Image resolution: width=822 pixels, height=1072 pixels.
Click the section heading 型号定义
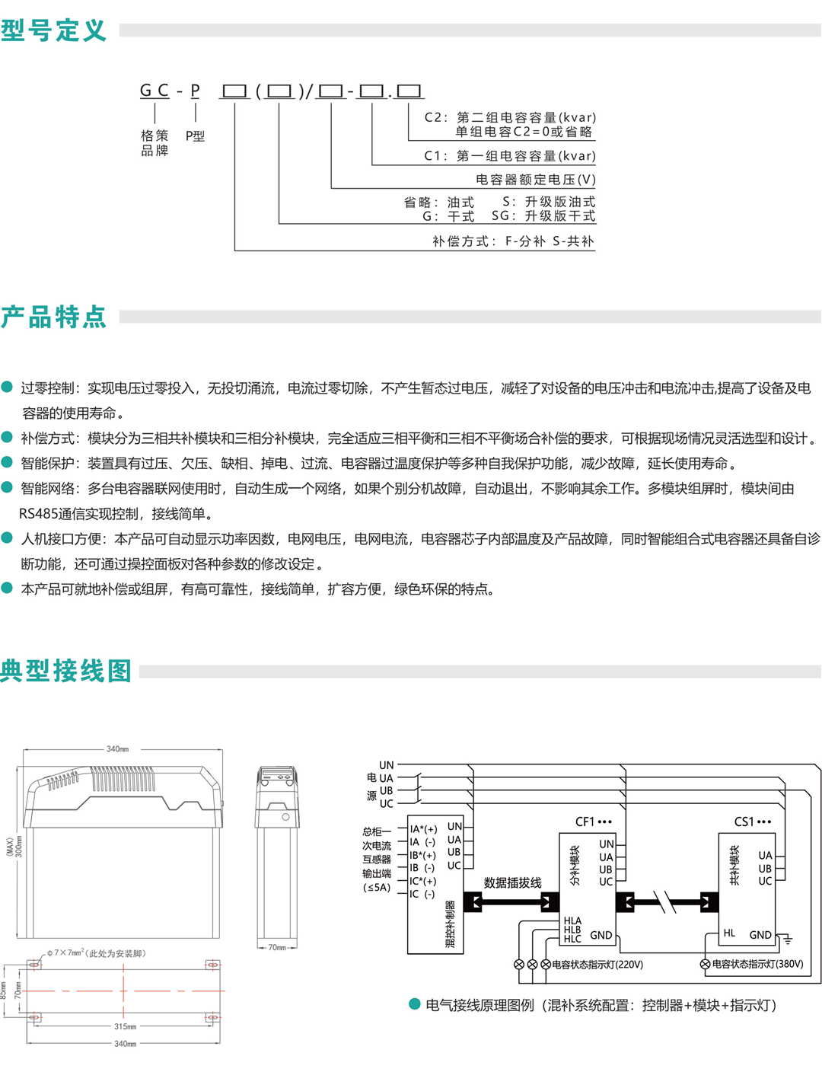tap(53, 30)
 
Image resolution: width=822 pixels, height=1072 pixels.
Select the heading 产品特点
tap(53, 317)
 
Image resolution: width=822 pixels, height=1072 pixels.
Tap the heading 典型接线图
tap(65, 671)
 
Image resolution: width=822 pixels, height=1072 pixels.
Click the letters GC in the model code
tap(155, 91)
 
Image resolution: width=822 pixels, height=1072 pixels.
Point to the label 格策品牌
tap(155, 142)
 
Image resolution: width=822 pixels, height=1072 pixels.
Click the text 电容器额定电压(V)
tap(536, 179)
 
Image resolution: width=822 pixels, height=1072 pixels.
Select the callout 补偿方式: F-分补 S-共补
tap(513, 241)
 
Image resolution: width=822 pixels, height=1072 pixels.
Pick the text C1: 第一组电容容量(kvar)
tap(510, 156)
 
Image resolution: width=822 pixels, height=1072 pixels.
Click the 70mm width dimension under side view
tap(276, 947)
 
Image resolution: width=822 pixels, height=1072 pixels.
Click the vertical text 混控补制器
tap(450, 924)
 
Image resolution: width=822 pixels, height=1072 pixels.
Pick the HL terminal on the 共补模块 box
tap(729, 933)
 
